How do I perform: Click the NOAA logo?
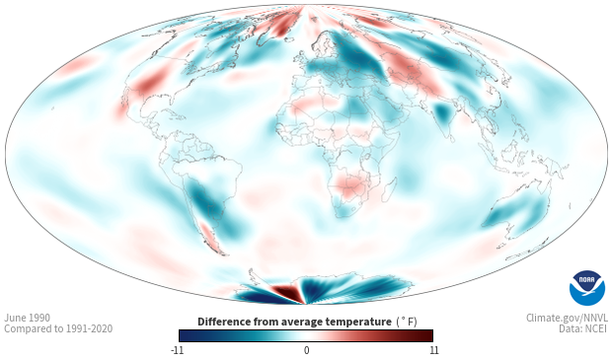pos(587,288)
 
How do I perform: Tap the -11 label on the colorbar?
pos(178,350)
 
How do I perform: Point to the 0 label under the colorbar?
pos(306,350)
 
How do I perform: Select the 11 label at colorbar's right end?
pos(433,350)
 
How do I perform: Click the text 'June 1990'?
pos(27,318)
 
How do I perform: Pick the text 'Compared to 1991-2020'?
pos(58,328)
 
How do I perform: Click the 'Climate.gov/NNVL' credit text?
pos(567,318)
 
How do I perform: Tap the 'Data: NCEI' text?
pos(583,328)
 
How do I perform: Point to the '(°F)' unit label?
pos(407,322)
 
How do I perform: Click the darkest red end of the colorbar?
pos(429,335)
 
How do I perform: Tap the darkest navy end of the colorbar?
pos(183,335)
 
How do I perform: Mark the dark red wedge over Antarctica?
pos(287,292)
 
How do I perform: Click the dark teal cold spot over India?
pos(442,112)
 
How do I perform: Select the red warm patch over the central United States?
pos(150,83)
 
